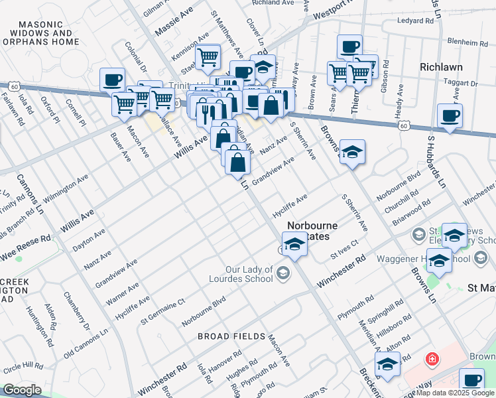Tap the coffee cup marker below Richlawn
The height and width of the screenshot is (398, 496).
pos(450,116)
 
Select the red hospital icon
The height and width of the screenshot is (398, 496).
pos(432,359)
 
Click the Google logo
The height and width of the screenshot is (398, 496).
pos(22,390)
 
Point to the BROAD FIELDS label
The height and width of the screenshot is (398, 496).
pos(232,336)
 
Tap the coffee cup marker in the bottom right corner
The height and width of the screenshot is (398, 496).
pos(472,381)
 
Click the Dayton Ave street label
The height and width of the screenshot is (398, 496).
pos(88,239)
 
